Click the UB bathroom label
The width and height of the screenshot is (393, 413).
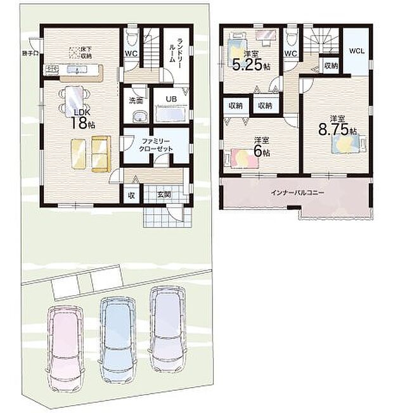coord(171,99)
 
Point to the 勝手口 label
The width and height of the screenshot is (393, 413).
coord(29,53)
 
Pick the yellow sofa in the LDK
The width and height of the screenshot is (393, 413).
coord(89,153)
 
